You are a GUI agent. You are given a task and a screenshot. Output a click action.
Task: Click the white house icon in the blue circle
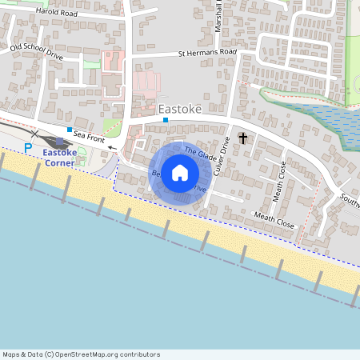point(180,173)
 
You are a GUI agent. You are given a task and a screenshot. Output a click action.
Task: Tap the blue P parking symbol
point(29,148)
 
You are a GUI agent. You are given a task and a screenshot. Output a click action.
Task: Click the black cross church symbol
point(242,139)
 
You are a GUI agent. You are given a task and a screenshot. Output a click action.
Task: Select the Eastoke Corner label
point(59,157)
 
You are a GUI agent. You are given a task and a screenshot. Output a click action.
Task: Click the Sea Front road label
point(89,139)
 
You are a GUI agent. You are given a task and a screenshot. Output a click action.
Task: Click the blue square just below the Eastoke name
point(166,120)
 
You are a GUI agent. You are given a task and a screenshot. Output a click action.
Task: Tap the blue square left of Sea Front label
point(70,130)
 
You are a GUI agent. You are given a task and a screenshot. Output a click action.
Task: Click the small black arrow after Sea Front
point(112,148)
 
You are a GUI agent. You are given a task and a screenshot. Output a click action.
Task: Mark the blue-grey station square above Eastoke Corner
point(60,142)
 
